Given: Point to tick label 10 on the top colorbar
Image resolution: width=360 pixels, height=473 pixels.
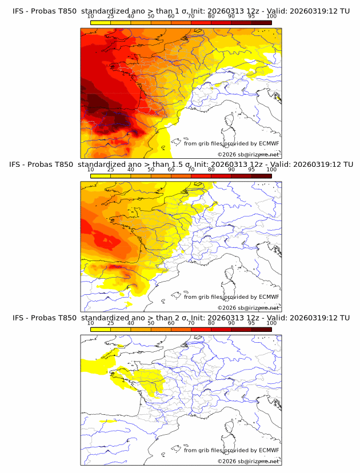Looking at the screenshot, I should click(x=90, y=17).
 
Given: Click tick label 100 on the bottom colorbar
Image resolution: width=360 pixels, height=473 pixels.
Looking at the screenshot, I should click(x=271, y=323).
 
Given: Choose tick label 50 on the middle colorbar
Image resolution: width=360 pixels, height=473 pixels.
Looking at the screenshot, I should click(x=151, y=170).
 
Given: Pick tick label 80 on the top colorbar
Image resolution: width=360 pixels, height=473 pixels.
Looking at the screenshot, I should click(x=211, y=17).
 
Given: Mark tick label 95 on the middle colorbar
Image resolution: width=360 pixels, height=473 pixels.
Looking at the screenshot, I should click(x=251, y=170).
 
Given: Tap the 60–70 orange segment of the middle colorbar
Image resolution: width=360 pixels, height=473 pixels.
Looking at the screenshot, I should click(x=181, y=175).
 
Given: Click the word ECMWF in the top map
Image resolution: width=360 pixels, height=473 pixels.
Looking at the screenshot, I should click(x=269, y=144).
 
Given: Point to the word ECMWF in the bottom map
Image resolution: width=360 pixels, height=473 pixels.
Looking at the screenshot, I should click(x=269, y=450).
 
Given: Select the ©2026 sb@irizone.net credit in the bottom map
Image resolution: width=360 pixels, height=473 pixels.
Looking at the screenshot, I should click(x=249, y=461).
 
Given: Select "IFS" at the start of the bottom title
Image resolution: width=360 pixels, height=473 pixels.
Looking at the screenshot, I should click(x=18, y=318).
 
